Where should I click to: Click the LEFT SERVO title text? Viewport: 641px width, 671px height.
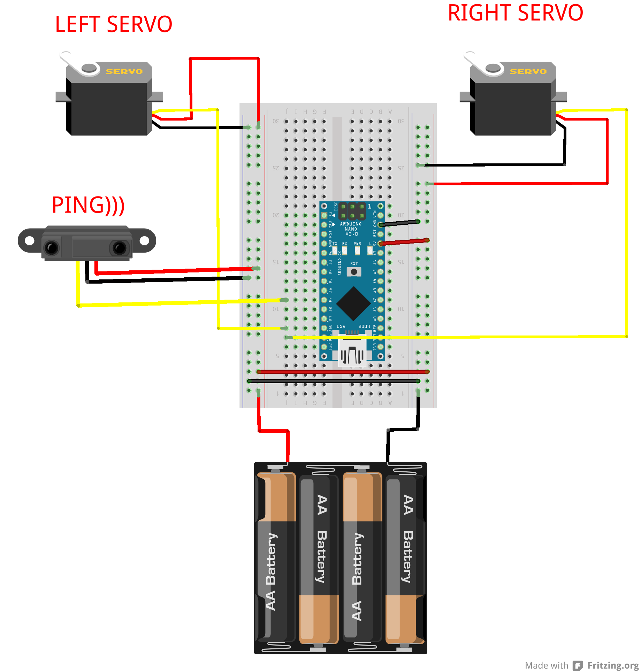114,24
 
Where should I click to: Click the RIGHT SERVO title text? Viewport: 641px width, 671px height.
515,13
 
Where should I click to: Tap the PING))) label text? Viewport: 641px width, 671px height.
88,205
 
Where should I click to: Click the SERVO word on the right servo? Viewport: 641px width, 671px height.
528,71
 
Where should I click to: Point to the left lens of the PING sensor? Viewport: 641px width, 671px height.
52,248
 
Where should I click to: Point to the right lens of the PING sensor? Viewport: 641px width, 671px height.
119,248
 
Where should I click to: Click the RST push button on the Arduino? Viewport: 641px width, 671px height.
354,272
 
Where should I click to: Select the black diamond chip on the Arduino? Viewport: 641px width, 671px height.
353,303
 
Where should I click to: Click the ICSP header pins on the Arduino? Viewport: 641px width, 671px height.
352,211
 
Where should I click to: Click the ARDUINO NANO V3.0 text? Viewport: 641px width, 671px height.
351,229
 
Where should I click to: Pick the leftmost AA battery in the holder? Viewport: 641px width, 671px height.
275,557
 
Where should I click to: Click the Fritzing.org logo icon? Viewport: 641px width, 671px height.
578,665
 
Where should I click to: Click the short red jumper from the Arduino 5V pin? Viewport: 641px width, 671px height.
404,242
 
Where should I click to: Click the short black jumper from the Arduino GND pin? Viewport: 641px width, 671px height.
399,223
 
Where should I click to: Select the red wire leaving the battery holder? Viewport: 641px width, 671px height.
288,446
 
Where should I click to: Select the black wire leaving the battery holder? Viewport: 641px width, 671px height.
388,446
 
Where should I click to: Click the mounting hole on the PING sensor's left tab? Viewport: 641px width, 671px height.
29,240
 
